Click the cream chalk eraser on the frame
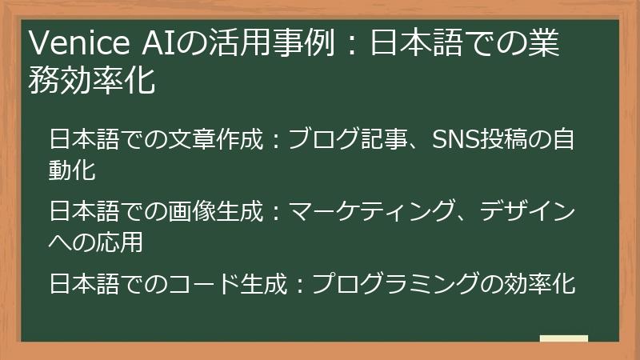coord(563,338)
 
